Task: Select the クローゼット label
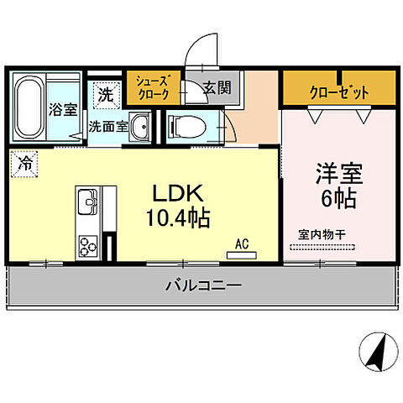339,92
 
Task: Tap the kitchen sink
86,201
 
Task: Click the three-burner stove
88,244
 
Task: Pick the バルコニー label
202,286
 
